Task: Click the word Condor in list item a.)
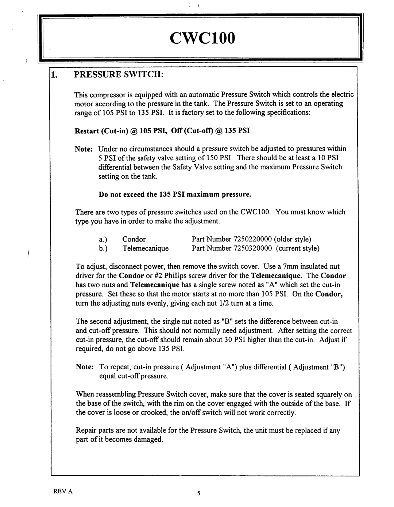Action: tap(134, 239)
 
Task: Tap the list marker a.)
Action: tap(102, 239)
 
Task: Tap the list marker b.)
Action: tap(102, 248)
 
